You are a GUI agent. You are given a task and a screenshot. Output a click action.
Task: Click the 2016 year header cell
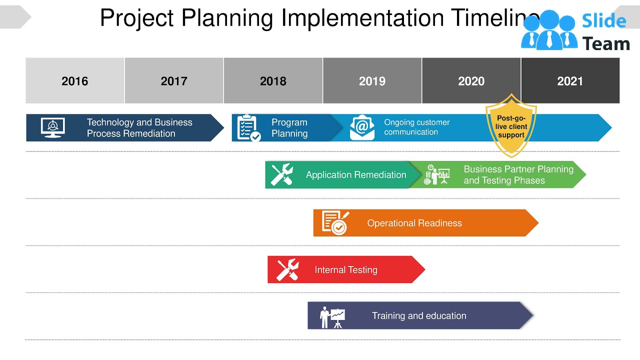75,81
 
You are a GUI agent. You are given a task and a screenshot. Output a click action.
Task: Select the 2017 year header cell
174,81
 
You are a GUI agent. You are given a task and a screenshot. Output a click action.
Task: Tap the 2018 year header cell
273,81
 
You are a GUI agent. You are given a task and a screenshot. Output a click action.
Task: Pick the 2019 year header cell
372,81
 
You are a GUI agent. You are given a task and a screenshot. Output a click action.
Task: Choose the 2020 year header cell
471,81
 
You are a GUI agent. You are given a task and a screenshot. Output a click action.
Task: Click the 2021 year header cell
570,81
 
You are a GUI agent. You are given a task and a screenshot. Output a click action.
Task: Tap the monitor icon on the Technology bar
52,127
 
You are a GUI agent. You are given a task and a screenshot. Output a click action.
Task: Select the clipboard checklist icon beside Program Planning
248,127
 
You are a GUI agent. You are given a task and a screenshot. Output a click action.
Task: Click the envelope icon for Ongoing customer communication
362,127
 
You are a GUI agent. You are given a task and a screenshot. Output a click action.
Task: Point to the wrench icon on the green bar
281,175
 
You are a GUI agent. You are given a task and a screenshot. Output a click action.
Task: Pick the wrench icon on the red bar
287,269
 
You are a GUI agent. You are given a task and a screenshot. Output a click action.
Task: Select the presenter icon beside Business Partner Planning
436,175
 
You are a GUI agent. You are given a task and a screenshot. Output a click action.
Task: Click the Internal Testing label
346,270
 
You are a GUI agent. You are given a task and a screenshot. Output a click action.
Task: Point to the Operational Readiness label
414,223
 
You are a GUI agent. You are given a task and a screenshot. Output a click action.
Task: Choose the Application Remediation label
356,175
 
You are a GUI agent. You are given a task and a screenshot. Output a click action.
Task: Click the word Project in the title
136,18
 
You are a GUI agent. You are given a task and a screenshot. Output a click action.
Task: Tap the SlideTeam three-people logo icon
548,31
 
